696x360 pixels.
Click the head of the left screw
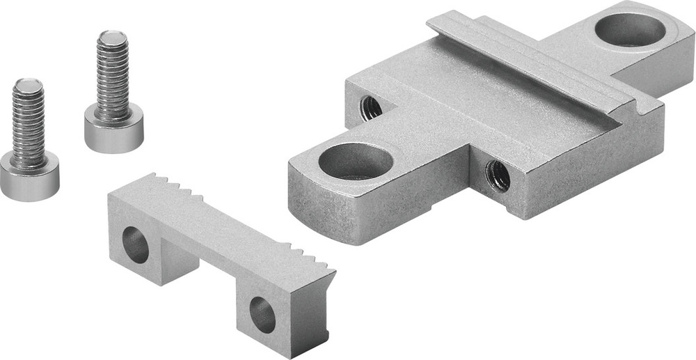(x=29, y=178)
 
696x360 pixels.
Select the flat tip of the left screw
(x=27, y=86)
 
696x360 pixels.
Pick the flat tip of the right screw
(x=111, y=36)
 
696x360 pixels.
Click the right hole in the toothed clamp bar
(x=262, y=313)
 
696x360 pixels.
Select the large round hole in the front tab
(x=356, y=161)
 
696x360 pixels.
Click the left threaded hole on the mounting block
(x=371, y=107)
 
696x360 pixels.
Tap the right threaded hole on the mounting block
(x=498, y=175)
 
